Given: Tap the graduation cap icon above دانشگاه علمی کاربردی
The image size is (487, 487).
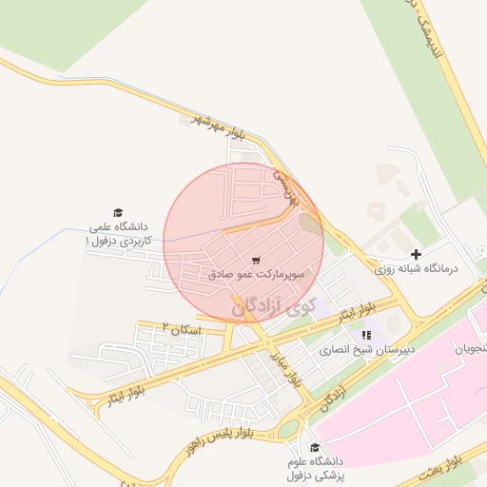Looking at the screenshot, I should point(118,213).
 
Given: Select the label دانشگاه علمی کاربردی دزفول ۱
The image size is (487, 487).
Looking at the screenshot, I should point(118,234).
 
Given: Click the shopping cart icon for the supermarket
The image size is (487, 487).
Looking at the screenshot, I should point(256,260).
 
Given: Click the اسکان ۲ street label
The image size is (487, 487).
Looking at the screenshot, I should point(177,326).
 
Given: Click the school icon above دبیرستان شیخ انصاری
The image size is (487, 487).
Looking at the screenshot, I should point(366,335).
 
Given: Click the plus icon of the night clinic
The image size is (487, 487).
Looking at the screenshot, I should point(415,254).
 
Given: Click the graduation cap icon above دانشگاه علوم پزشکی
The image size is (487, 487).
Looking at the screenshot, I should point(315,447).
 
